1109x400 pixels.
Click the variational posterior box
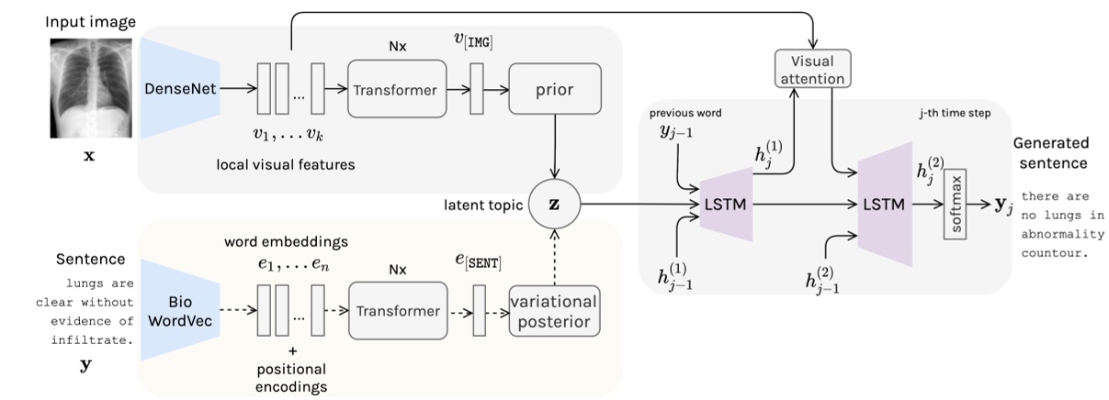coord(554,312)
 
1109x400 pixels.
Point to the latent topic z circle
coord(553,203)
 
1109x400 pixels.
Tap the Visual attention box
coord(812,70)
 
